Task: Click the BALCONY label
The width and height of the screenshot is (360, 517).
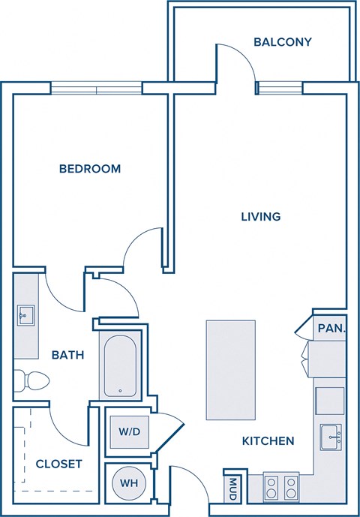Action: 282,42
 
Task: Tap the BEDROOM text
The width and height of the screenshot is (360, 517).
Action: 90,169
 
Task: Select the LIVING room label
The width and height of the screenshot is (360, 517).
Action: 260,217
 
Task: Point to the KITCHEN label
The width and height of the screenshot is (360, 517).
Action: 268,441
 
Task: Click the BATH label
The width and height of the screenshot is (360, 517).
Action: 67,355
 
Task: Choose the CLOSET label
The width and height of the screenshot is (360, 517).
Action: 58,464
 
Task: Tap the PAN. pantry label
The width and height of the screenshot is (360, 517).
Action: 331,328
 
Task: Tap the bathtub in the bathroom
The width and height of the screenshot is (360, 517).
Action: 120,366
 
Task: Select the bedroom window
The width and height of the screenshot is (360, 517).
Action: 96,89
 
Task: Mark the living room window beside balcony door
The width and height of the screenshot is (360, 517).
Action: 279,89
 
